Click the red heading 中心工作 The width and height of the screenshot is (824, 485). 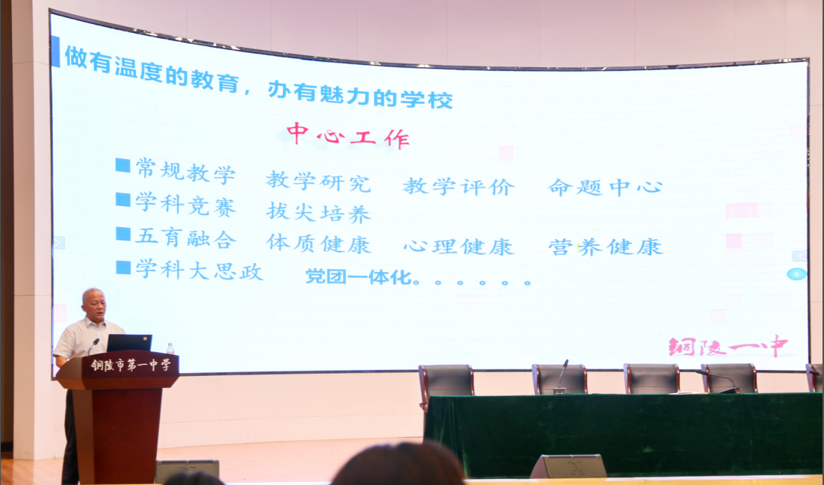tap(348, 135)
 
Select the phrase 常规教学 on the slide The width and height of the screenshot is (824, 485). tap(185, 171)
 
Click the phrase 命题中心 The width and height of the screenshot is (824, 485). tap(605, 187)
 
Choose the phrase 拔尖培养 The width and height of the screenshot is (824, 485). tap(318, 212)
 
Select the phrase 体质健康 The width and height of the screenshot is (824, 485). tap(318, 244)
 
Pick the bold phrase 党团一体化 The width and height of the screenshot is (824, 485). tap(359, 277)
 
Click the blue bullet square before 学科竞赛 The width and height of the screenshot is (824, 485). tap(123, 200)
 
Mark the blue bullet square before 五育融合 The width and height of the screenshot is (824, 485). tap(123, 234)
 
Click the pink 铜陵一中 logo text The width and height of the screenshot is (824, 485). tap(728, 346)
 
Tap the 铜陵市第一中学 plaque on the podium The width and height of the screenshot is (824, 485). tap(131, 365)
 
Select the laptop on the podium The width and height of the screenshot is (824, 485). tap(128, 343)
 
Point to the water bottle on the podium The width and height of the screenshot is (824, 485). tap(170, 348)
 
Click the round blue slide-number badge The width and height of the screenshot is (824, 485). tap(796, 274)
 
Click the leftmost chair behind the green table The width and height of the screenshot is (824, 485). tap(446, 380)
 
